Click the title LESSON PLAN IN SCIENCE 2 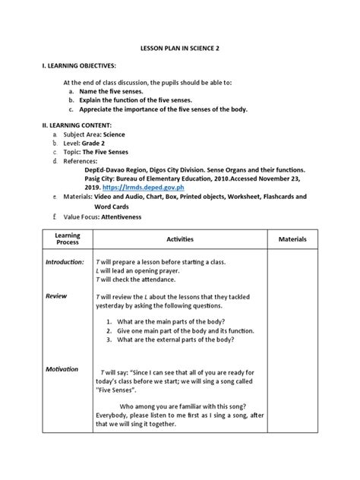(x=179, y=48)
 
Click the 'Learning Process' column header (x=68, y=239)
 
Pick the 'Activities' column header (x=180, y=239)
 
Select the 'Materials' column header (x=292, y=239)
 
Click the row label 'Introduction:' (x=65, y=262)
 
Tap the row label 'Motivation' (x=62, y=369)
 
